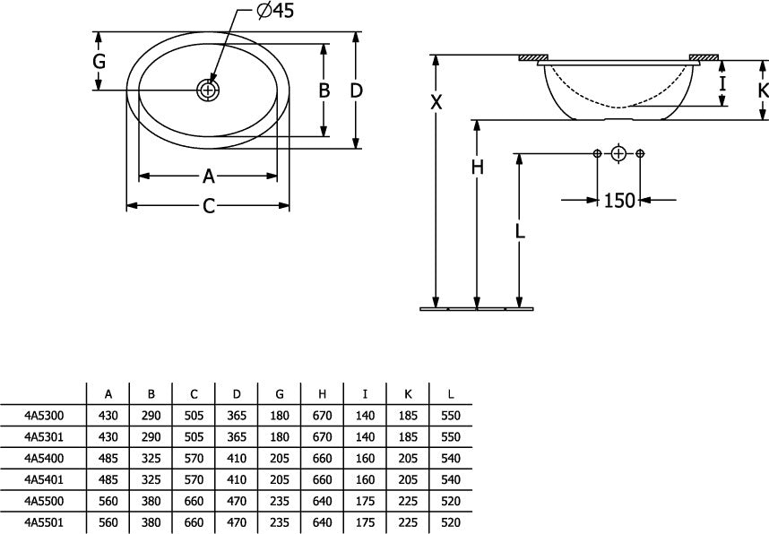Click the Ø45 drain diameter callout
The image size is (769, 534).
[276, 10]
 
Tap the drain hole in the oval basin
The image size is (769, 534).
[208, 90]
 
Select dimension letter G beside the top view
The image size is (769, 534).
[99, 62]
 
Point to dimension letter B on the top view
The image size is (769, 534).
[324, 90]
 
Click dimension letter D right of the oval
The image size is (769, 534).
[357, 90]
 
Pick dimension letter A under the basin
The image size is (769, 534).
[209, 176]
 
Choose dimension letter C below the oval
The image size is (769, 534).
[209, 206]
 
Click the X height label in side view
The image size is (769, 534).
[436, 102]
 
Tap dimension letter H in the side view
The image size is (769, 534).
[477, 168]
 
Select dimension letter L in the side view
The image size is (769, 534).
[520, 230]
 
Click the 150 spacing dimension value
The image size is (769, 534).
[619, 200]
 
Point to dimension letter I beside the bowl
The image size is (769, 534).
[722, 84]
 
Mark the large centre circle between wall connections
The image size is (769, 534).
[619, 154]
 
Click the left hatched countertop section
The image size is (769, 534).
[533, 57]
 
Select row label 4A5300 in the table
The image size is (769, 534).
[44, 416]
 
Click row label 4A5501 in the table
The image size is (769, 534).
[44, 522]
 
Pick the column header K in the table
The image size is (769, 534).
[408, 394]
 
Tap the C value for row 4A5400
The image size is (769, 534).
[194, 459]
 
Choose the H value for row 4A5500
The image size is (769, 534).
[323, 501]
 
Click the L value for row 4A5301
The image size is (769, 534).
[451, 437]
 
